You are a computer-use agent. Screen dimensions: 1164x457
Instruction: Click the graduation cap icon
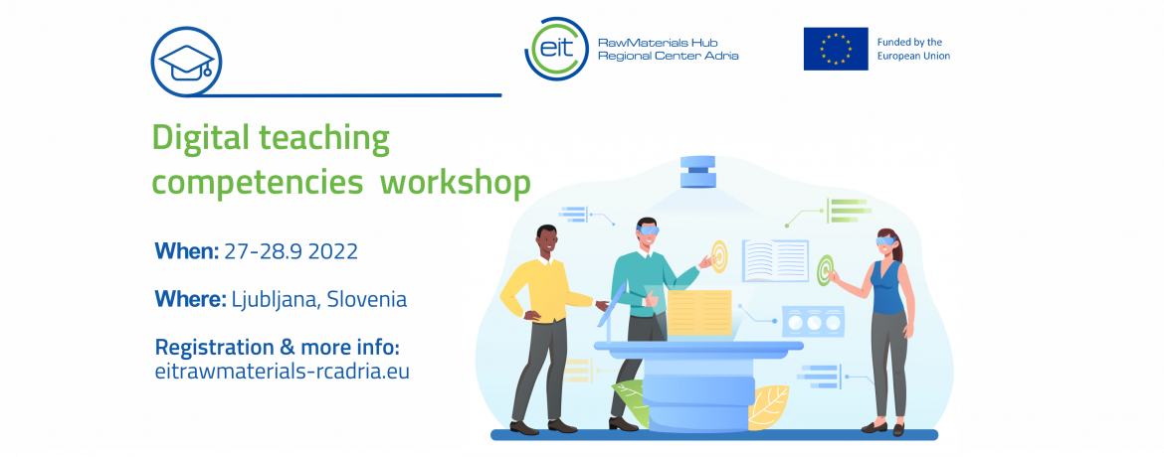click(186, 62)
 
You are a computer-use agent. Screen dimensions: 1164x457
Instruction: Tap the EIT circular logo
click(555, 49)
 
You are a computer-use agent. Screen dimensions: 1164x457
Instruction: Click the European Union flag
click(835, 49)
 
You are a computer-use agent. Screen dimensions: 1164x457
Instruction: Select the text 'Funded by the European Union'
click(913, 49)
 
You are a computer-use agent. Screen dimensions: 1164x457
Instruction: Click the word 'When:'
click(186, 250)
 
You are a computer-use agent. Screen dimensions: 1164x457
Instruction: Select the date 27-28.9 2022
click(291, 251)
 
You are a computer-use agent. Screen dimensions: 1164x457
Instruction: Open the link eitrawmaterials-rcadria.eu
click(283, 371)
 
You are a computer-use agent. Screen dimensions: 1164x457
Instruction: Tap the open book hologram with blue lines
click(775, 260)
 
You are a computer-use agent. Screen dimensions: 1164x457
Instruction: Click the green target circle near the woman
click(824, 271)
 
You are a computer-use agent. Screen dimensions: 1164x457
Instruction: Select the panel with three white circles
click(813, 322)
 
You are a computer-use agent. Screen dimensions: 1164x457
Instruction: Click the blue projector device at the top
click(697, 171)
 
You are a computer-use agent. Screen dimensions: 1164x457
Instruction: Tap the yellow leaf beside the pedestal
click(768, 406)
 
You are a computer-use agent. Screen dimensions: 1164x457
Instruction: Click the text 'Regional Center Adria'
click(669, 57)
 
